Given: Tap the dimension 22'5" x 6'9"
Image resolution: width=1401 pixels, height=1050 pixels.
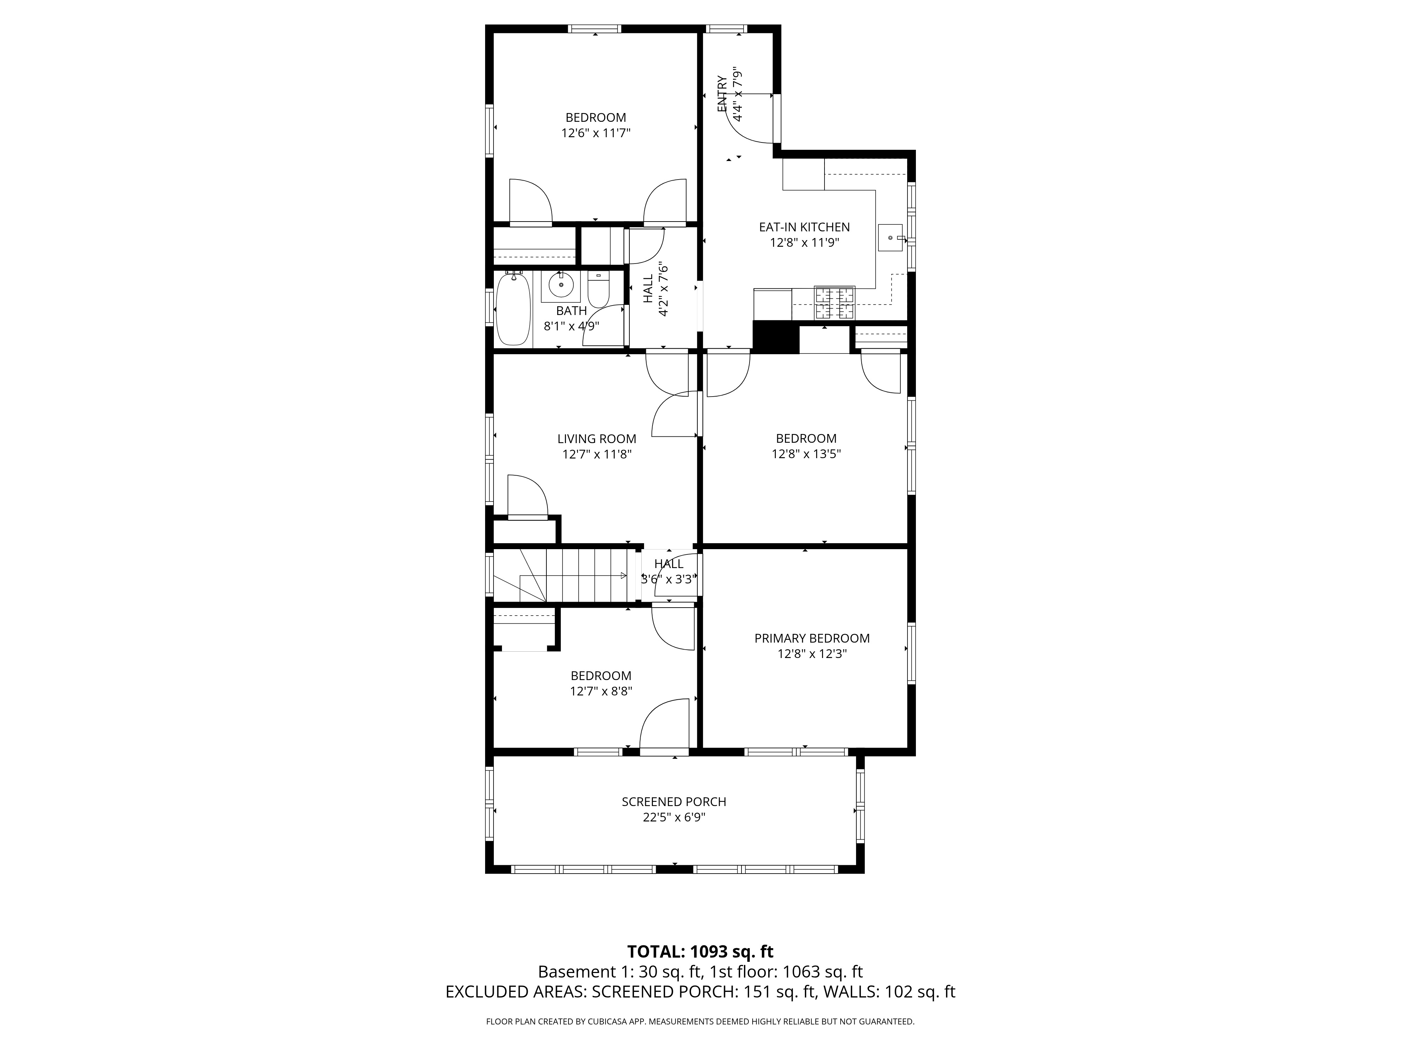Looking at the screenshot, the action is pyautogui.click(x=674, y=817).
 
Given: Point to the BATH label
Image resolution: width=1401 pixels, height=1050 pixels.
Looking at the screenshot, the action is pyautogui.click(x=571, y=311).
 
